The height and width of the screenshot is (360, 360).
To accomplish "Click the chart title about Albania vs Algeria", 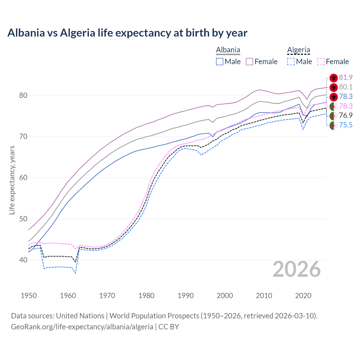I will point(127,33).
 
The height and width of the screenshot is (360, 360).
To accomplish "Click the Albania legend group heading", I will point(228,50).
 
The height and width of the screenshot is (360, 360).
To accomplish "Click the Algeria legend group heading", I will point(298,50).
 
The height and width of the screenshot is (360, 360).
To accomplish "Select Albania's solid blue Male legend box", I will point(220,62).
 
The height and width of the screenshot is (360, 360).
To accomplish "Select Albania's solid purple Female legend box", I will point(249,62).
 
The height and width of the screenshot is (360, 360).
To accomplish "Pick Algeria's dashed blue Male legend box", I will point(291,62).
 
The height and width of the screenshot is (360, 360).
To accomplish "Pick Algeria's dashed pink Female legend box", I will point(321,62).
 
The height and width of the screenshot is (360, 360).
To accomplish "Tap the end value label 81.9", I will point(346,78).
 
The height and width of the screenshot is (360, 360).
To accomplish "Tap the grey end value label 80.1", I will point(346,87).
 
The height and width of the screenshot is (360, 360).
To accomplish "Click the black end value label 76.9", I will point(346,116).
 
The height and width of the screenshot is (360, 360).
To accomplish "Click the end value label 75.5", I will point(346,125).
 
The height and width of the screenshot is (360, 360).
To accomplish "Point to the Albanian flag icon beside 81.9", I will point(334,78).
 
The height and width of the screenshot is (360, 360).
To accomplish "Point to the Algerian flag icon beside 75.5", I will point(334,125).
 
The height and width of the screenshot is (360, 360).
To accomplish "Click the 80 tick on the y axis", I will point(23,96).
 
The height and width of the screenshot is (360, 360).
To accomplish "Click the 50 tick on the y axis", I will point(23,219).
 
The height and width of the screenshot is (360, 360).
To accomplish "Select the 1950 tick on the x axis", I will point(29,296).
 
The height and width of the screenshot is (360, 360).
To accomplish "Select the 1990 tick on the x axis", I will point(186,296).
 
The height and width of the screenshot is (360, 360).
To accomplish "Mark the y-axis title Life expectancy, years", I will point(12,180).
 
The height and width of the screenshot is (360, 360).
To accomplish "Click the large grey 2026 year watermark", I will point(296,269).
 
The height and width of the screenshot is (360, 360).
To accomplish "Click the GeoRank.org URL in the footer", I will point(82,327).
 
